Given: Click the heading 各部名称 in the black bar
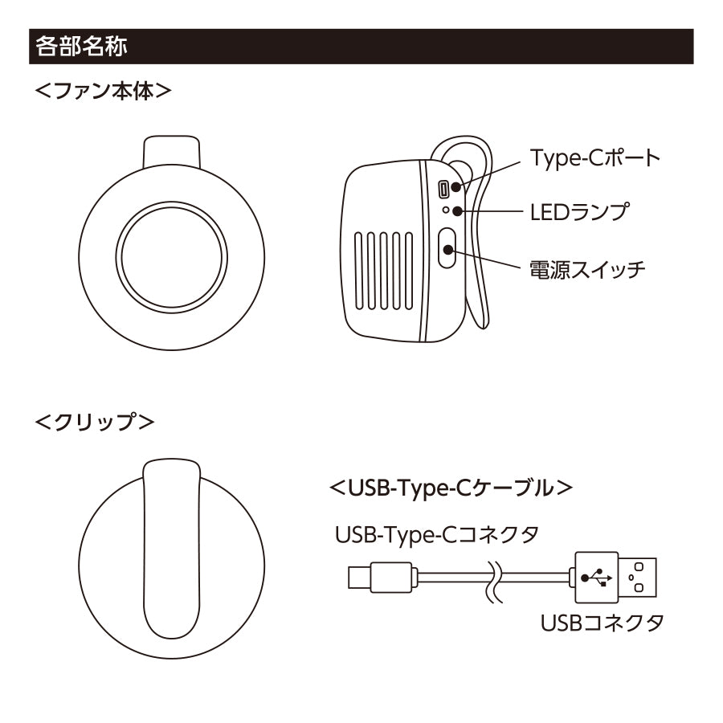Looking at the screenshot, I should [80, 47].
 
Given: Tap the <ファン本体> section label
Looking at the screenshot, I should [104, 91].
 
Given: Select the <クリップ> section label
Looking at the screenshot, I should [96, 421].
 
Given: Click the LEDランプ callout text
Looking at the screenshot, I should [579, 212].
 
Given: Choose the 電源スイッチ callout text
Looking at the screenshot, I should [587, 268].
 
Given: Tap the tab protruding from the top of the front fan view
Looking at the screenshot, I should [170, 149].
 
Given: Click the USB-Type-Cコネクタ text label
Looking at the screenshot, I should [436, 534].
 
